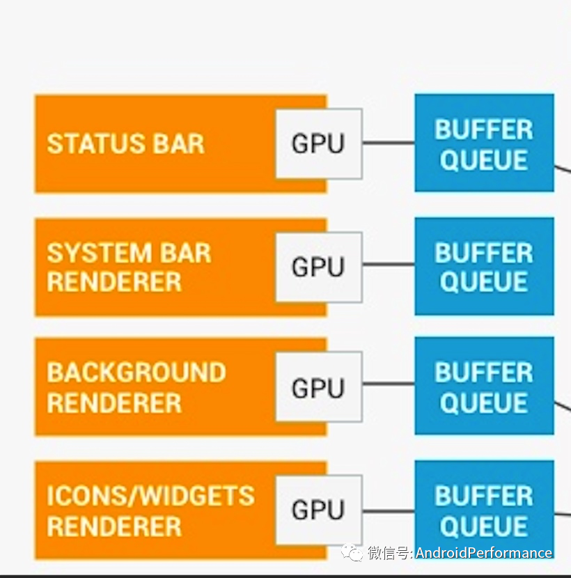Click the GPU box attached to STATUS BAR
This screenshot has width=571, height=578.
(318, 143)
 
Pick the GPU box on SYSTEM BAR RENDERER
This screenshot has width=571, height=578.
(318, 267)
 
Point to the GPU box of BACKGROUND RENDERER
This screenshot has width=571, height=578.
(318, 387)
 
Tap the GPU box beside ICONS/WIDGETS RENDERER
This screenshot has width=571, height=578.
(318, 510)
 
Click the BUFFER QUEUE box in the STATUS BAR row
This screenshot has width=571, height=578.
(484, 143)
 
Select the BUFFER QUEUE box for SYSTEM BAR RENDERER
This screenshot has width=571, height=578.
(484, 267)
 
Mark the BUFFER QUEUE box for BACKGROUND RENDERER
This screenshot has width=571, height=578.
(484, 387)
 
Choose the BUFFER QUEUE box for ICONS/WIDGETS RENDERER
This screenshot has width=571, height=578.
(484, 510)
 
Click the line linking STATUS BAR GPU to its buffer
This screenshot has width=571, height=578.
(388, 143)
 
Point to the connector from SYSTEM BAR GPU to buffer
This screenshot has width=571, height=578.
(388, 265)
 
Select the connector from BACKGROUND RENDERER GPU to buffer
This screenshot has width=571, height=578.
(388, 384)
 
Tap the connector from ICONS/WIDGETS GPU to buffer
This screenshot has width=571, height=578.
(388, 511)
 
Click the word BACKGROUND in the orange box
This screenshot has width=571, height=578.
(136, 373)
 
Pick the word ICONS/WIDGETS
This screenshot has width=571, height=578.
(150, 496)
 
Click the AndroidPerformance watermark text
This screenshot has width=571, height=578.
(483, 553)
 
